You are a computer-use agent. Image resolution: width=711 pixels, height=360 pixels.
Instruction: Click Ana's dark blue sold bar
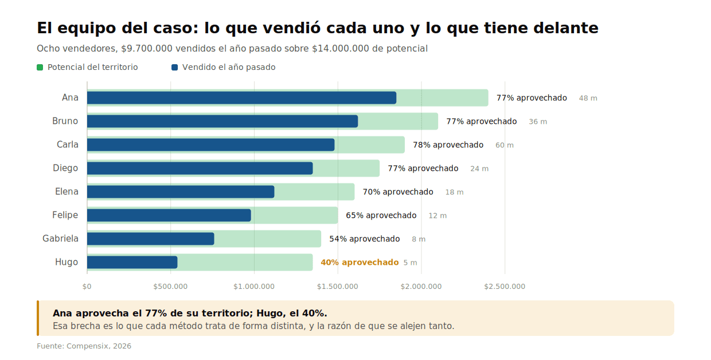[241, 98]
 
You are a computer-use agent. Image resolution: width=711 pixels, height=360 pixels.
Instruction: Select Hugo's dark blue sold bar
[132, 262]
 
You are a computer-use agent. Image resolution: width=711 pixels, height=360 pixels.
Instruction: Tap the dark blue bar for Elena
[181, 191]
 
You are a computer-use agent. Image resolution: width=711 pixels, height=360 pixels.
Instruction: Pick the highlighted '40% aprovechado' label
[360, 262]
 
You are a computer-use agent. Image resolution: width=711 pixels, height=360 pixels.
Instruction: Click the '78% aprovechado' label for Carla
[448, 145]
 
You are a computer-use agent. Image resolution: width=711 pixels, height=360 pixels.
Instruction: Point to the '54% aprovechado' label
[365, 238]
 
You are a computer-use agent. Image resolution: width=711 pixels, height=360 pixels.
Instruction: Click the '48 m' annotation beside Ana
[588, 98]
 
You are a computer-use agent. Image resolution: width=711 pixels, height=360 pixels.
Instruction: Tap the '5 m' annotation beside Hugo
[410, 263]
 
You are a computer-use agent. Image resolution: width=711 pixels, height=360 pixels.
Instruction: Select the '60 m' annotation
[505, 145]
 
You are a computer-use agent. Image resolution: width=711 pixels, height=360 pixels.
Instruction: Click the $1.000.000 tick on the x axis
[254, 287]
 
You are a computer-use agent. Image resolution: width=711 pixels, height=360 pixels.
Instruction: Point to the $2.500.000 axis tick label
[505, 287]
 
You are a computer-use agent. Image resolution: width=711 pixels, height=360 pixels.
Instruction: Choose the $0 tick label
[87, 287]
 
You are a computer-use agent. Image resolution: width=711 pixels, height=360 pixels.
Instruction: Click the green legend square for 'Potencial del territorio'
[40, 67]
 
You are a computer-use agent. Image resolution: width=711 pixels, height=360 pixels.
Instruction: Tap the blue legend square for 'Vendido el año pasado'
[174, 67]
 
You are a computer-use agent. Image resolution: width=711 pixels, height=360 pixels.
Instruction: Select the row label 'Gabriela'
[60, 238]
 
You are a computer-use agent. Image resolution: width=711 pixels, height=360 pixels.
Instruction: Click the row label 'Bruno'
[65, 121]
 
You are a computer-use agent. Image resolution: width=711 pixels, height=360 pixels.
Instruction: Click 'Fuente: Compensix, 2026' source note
[84, 346]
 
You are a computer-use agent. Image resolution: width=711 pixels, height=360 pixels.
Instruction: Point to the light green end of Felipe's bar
[338, 215]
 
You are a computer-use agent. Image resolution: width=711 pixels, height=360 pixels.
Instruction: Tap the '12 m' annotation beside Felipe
[437, 216]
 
